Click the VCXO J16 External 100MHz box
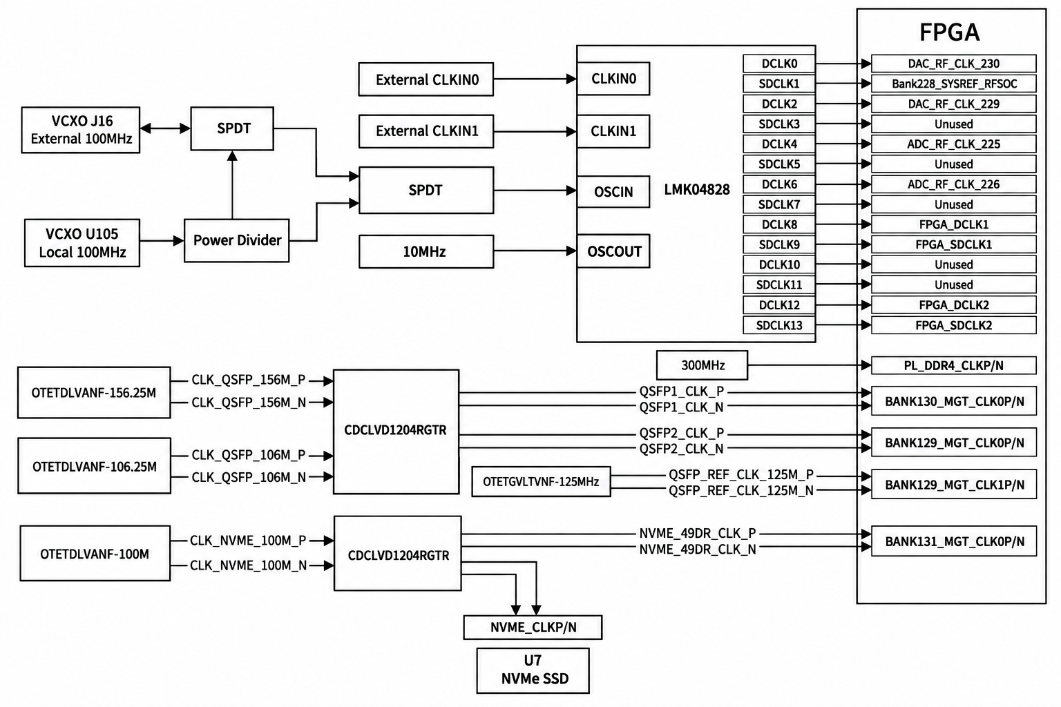point(81,130)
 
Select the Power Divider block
point(237,240)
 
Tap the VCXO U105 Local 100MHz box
point(82,243)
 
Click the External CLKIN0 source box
point(426,79)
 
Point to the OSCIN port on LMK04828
point(613,192)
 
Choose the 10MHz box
point(426,251)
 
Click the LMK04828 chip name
point(697,190)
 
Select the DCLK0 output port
point(779,64)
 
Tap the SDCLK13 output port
point(779,325)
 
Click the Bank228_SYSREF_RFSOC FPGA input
point(954,84)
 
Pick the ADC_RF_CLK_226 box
point(954,184)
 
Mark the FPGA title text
point(950,32)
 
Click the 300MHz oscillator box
point(702,365)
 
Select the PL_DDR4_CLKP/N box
point(954,365)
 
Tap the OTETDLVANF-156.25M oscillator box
point(94,393)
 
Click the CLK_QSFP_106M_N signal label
point(249,477)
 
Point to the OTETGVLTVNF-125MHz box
point(542,482)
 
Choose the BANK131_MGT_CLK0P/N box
point(954,541)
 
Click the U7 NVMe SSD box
point(533,670)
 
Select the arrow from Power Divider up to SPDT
point(232,184)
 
